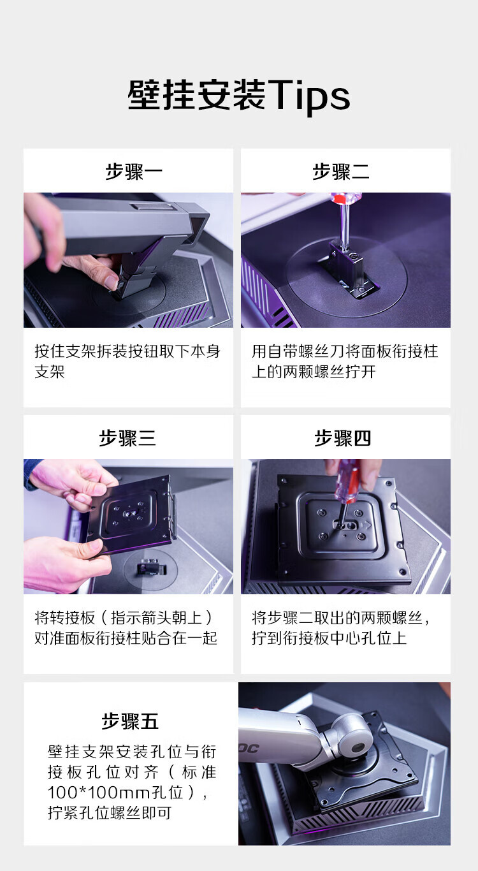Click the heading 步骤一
pyautogui.click(x=134, y=172)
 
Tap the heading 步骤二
pyautogui.click(x=341, y=172)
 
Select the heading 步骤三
pyautogui.click(x=127, y=438)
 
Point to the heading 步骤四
pyautogui.click(x=342, y=438)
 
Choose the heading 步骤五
pyautogui.click(x=130, y=721)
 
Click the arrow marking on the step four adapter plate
pyautogui.click(x=365, y=525)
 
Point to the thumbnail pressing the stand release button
pyautogui.click(x=112, y=282)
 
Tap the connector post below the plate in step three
pyautogui.click(x=150, y=567)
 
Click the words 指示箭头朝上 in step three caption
pyautogui.click(x=156, y=617)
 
